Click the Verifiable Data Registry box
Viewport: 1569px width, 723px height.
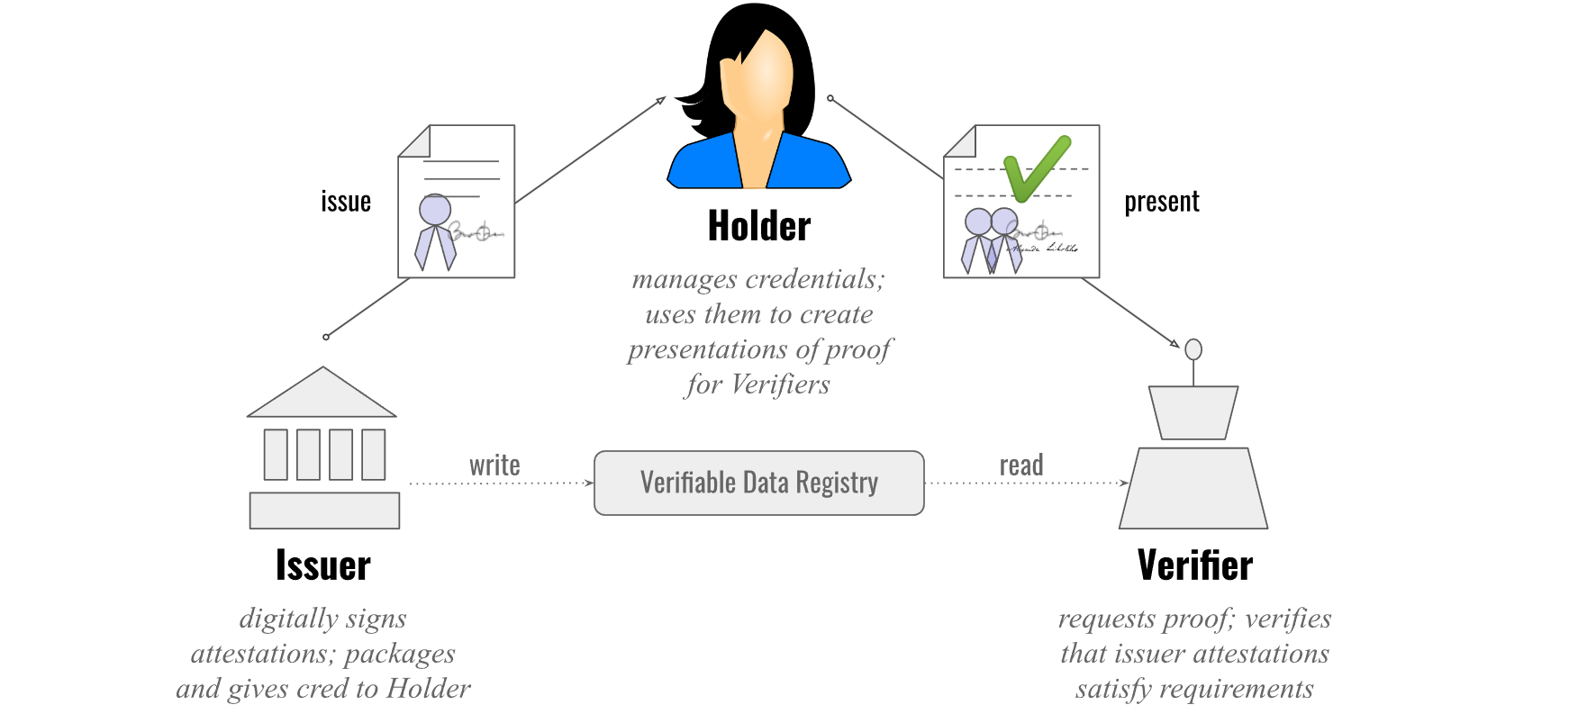[758, 483]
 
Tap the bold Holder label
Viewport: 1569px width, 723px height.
[759, 226]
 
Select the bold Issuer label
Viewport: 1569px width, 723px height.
[322, 565]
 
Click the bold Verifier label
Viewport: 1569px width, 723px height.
[1194, 565]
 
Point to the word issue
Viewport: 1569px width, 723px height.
[346, 202]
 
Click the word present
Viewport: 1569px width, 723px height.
[1161, 202]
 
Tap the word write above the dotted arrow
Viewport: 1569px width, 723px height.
[494, 465]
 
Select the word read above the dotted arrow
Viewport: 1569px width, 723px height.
[1021, 465]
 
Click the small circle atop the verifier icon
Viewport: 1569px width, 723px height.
[1193, 349]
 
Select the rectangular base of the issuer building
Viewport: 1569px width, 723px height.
[324, 511]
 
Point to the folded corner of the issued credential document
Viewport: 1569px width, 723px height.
[415, 141]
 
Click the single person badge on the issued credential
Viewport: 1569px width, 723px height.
[435, 232]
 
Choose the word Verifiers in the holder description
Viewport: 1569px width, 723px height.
[780, 384]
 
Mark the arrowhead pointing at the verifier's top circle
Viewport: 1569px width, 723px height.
[1174, 343]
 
